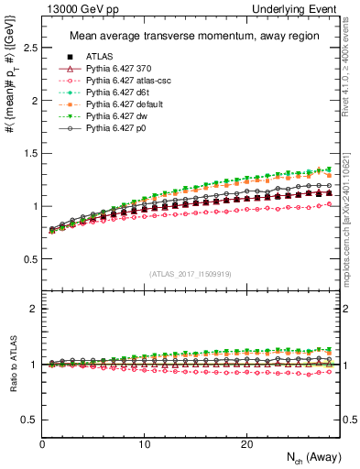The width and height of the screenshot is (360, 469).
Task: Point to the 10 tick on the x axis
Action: (x=144, y=443)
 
